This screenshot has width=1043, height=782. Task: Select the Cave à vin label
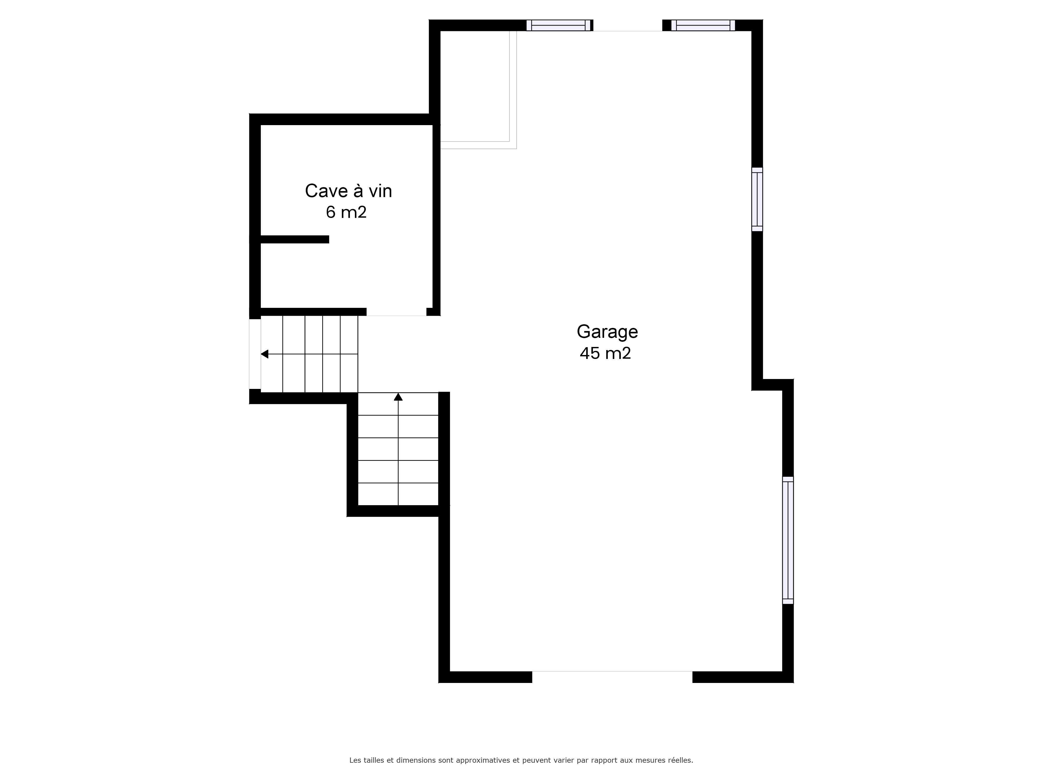[x=348, y=191]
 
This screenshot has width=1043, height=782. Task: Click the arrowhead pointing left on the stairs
[x=264, y=354]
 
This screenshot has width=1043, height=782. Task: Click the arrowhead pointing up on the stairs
[x=398, y=397]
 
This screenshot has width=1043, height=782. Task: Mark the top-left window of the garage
[x=559, y=26]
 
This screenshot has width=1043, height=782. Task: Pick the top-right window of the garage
[x=703, y=26]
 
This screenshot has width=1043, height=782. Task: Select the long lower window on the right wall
[x=788, y=540]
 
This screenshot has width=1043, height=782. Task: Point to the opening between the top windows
[x=628, y=26]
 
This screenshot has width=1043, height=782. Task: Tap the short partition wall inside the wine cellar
[x=295, y=240]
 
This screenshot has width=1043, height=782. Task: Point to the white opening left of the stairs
[x=254, y=354]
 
